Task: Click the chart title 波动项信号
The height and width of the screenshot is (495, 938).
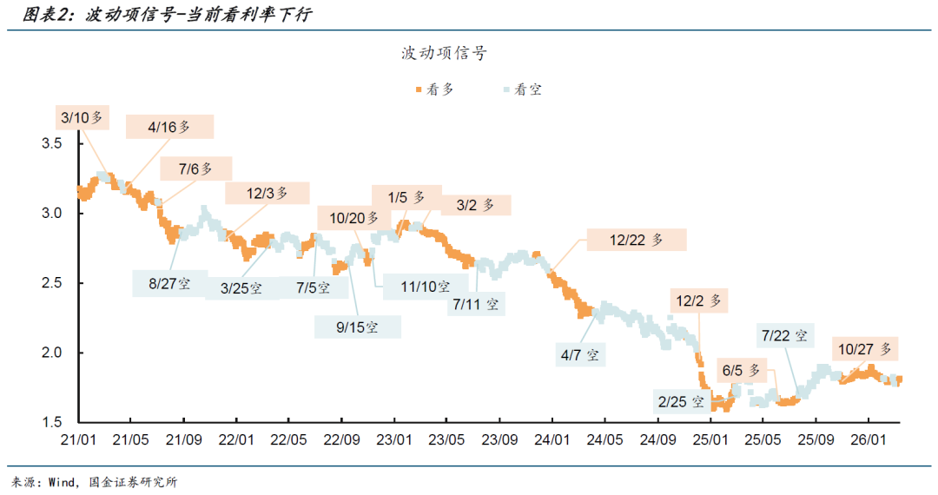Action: click(444, 54)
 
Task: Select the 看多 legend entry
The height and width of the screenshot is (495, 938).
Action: click(434, 89)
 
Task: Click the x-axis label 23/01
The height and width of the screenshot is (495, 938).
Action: click(394, 440)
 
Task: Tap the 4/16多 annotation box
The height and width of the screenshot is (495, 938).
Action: click(169, 127)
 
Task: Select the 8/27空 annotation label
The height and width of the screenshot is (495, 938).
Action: click(169, 283)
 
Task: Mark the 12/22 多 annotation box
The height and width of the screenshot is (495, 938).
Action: click(636, 241)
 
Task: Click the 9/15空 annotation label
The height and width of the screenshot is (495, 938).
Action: click(358, 327)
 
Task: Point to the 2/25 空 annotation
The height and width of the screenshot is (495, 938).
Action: click(679, 402)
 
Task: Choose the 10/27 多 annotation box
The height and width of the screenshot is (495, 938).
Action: click(866, 349)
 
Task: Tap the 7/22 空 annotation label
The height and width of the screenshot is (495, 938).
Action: click(783, 335)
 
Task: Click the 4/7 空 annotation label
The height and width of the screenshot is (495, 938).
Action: click(580, 354)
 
